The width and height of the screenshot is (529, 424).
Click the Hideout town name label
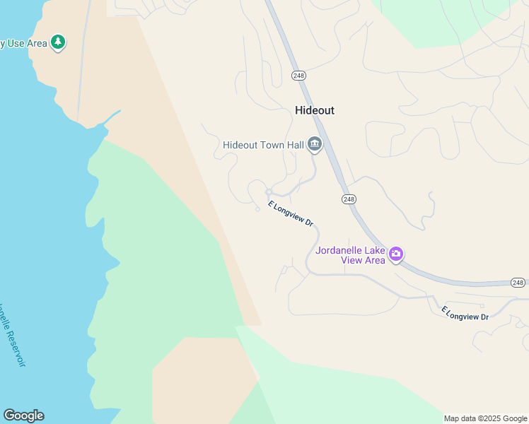[314, 110]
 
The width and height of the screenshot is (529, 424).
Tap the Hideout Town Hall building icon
[315, 146]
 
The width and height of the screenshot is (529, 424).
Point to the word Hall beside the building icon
[296, 145]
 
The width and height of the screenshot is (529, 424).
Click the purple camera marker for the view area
[396, 254]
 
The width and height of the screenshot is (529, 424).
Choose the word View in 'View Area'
[352, 260]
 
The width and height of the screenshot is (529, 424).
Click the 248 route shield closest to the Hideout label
[298, 75]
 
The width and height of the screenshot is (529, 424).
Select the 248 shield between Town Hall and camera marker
[349, 199]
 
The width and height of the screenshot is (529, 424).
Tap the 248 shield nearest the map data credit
[518, 283]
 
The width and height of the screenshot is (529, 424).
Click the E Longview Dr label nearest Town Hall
[291, 214]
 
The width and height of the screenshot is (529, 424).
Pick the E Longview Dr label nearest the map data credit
[465, 313]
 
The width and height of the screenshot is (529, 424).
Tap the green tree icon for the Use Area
[58, 42]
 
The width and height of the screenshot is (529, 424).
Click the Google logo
[23, 416]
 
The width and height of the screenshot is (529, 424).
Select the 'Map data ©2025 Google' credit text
[485, 418]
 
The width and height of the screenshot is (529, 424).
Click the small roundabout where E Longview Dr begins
[269, 192]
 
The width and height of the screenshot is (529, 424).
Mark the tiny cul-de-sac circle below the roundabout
[257, 208]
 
